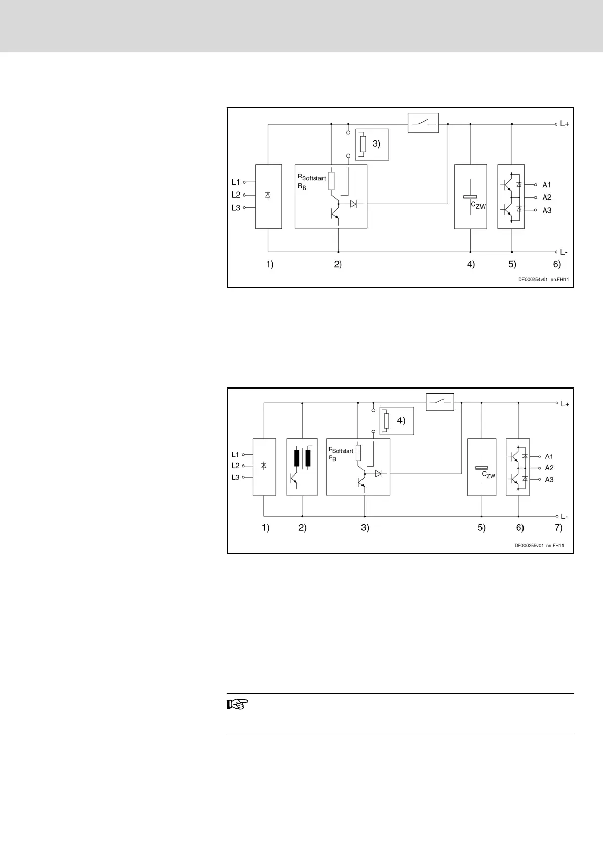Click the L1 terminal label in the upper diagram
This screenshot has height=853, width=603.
pos(236,182)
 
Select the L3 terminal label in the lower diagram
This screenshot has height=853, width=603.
pos(236,477)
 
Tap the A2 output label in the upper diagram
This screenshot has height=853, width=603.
pos(547,198)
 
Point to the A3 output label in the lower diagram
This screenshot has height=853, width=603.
pos(549,479)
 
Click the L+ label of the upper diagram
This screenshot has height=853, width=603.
pos(565,124)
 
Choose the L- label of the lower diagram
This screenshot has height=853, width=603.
pos(565,516)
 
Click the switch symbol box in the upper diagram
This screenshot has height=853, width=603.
pos(423,123)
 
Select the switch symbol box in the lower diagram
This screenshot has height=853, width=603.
pos(439,402)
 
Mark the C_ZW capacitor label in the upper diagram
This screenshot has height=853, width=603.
pos(478,205)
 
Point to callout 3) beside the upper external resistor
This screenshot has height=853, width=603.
pos(376,144)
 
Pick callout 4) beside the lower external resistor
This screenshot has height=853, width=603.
pos(401,421)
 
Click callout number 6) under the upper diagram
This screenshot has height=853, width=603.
pos(556,264)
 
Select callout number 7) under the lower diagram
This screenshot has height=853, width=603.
pos(558,528)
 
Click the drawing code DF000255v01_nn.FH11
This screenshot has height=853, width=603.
pos(539,546)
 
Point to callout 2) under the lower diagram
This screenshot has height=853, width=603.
pos(302,528)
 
